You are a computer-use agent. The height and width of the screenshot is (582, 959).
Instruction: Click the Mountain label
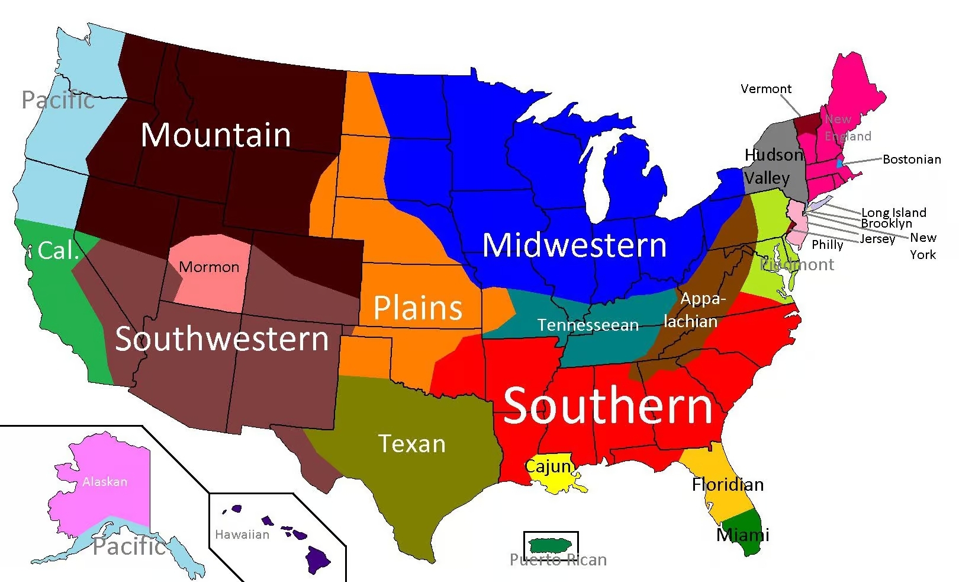pos(216,135)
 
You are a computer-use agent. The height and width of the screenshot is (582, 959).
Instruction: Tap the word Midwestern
pos(574,245)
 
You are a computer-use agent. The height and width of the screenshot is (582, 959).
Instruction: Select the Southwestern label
pos(221,339)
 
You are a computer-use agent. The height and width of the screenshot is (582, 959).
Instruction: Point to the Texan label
pos(412,443)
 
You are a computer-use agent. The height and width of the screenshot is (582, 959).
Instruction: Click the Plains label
pos(418,308)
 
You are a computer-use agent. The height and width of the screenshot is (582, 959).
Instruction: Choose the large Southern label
pos(607,406)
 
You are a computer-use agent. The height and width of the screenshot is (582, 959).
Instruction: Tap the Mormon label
pos(209,267)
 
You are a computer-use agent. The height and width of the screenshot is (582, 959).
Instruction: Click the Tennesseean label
pos(588,325)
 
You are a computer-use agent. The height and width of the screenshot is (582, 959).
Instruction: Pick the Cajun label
pos(548,466)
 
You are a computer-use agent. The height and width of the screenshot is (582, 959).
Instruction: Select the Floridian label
pos(728,485)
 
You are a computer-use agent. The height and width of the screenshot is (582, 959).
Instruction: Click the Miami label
pos(742,535)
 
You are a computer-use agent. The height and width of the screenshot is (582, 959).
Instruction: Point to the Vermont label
pos(765,89)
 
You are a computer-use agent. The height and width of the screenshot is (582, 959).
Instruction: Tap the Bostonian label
pos(912,159)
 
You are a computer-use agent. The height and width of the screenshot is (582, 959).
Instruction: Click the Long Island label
pos(893,212)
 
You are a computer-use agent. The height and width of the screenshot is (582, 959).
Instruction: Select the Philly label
pos(827,245)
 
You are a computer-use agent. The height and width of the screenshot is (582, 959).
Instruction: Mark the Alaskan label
pos(105,482)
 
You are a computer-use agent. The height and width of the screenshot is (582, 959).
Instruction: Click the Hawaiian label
pos(242,535)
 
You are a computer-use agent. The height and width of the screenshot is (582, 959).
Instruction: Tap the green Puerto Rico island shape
pos(551,544)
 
